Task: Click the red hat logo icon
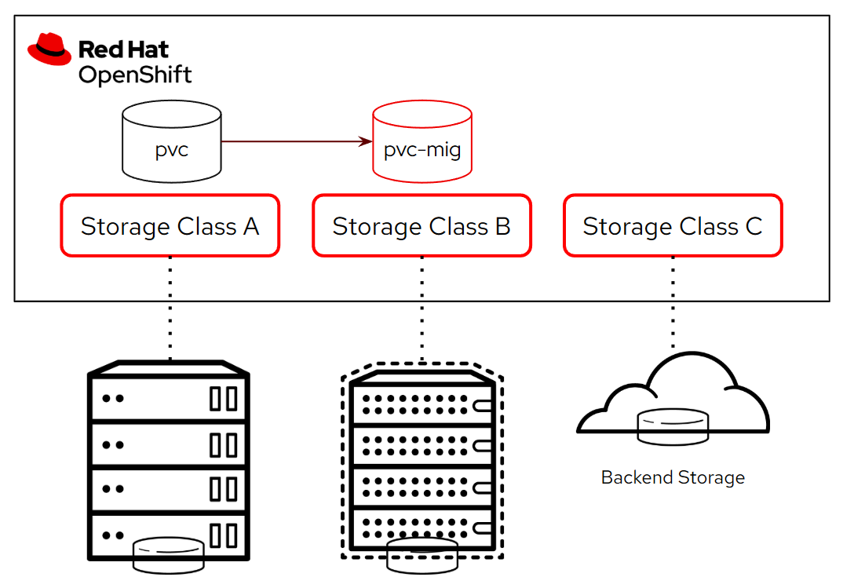pos(49,49)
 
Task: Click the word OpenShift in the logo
pos(134,75)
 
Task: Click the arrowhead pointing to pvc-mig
pos(365,141)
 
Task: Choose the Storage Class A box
pos(170,226)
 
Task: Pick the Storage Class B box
pos(421,226)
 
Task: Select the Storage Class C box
pos(673,226)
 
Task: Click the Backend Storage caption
pos(673,477)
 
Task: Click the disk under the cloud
pos(673,427)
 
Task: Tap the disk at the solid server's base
pos(170,554)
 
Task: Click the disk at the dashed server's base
pos(422,554)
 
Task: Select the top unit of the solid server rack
pos(170,398)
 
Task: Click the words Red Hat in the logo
pos(123,49)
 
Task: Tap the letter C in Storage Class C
pos(753,226)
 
